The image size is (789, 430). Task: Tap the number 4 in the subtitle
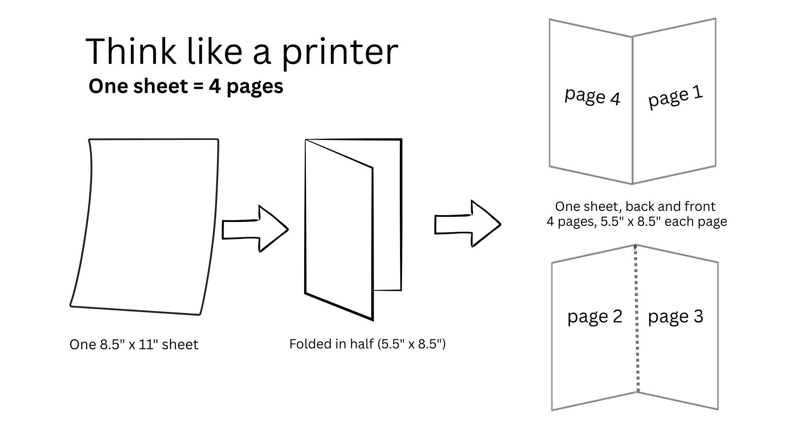215,86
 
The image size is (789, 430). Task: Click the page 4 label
592,97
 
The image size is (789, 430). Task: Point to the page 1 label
675,97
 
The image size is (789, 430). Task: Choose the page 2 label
595,316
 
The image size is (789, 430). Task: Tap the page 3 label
675,316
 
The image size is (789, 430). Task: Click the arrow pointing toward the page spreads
468,224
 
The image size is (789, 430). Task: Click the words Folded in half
331,344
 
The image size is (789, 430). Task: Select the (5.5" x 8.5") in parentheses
411,344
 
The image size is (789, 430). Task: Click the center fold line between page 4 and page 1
632,110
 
